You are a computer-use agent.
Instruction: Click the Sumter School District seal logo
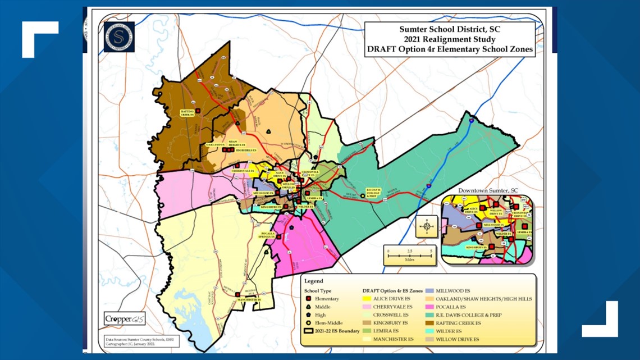(119, 37)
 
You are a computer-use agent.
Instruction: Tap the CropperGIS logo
(125, 319)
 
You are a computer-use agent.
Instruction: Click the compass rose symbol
(427, 227)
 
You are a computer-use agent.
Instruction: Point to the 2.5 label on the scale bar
(410, 251)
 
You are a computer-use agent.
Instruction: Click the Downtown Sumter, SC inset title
(488, 191)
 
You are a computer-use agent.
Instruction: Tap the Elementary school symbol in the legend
(308, 299)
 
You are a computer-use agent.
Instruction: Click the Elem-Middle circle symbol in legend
(308, 323)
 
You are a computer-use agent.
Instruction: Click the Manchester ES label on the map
(249, 300)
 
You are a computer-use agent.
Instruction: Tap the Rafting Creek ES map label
(187, 113)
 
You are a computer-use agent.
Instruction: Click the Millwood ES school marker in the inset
(479, 226)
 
